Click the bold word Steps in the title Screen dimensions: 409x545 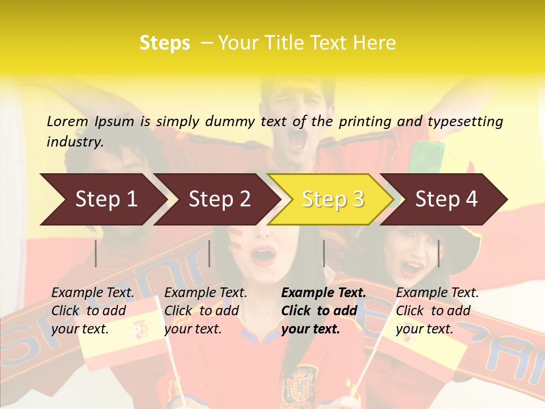(x=165, y=43)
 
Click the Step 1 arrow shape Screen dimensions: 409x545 (x=102, y=199)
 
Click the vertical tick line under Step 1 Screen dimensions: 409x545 (x=96, y=253)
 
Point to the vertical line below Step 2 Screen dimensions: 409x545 (x=209, y=253)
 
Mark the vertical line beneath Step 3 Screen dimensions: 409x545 (x=324, y=253)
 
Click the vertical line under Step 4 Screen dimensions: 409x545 (x=438, y=253)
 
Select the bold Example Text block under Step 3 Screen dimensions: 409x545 (x=324, y=311)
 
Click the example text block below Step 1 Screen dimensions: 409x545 (x=93, y=311)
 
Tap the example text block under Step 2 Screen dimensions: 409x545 (x=206, y=311)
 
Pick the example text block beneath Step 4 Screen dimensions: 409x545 (x=437, y=311)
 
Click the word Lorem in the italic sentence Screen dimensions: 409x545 (x=67, y=122)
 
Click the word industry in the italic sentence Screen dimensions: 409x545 (x=74, y=142)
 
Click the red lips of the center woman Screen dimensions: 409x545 (x=263, y=256)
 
